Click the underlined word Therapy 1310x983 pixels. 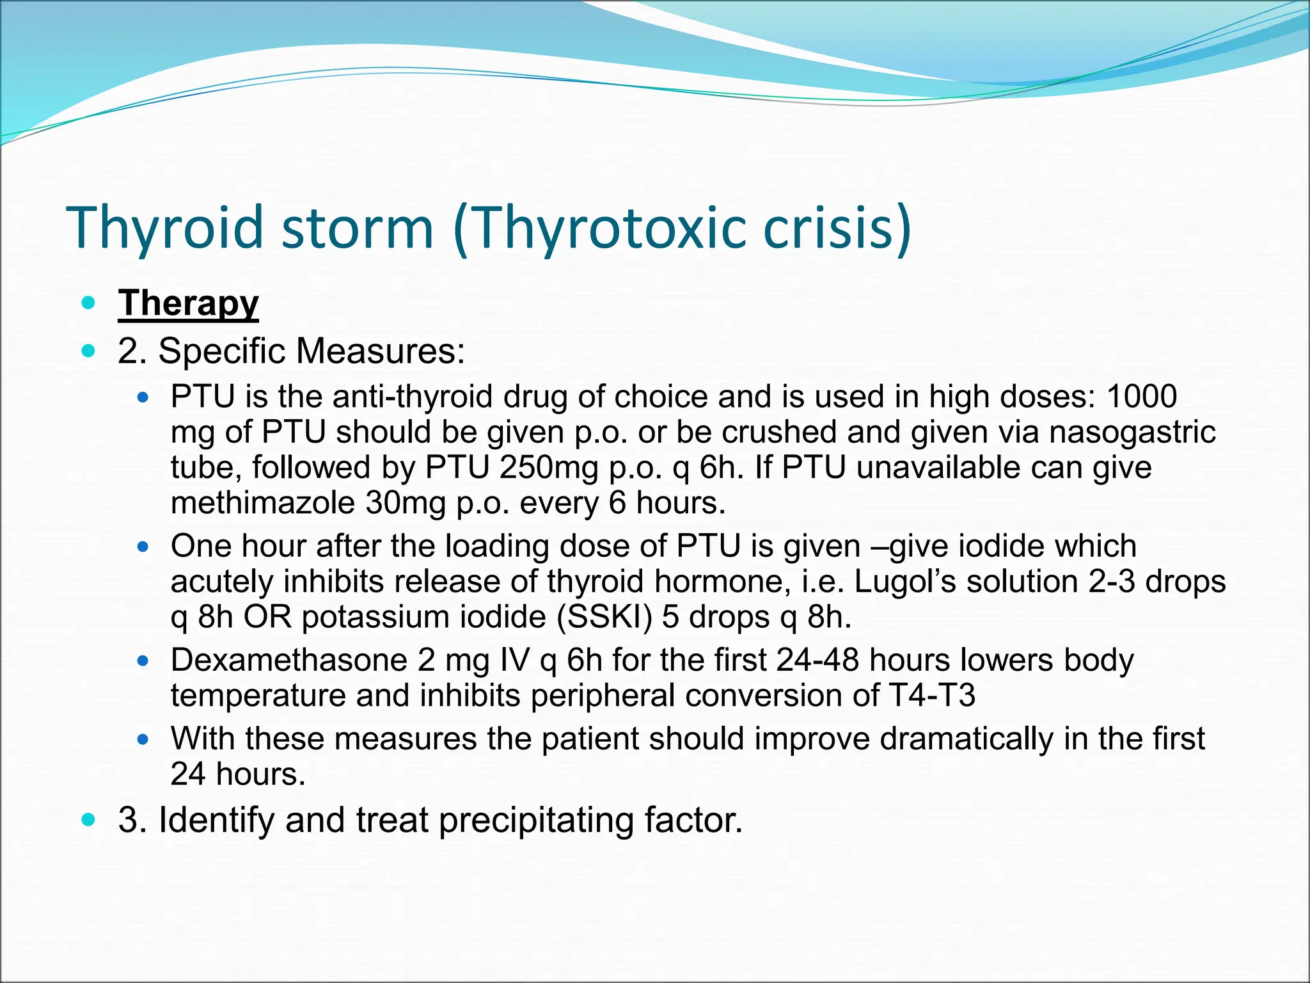point(188,303)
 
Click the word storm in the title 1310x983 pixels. point(358,228)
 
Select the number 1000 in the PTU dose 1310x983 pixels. point(1142,397)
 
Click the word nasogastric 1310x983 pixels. point(1132,432)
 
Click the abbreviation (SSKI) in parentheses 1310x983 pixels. point(604,617)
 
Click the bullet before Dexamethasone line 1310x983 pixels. point(143,660)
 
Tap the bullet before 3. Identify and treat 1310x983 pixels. point(89,820)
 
